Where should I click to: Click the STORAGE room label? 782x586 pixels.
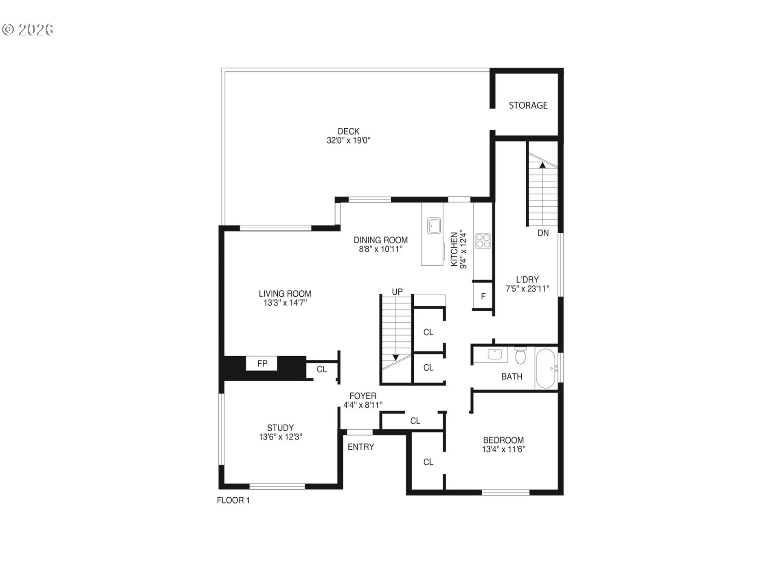pyautogui.click(x=528, y=105)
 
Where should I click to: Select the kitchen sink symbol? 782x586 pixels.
pyautogui.click(x=434, y=226)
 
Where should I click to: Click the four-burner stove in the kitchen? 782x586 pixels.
pyautogui.click(x=483, y=241)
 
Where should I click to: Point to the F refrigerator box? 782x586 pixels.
pyautogui.click(x=483, y=296)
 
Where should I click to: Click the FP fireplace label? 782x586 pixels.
pyautogui.click(x=262, y=363)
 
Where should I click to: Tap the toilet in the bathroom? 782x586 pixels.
pyautogui.click(x=521, y=355)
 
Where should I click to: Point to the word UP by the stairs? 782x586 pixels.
pyautogui.click(x=397, y=292)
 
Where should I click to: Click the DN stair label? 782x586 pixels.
pyautogui.click(x=543, y=233)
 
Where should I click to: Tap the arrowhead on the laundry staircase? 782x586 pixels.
pyautogui.click(x=543, y=165)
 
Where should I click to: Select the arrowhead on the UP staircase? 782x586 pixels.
pyautogui.click(x=395, y=357)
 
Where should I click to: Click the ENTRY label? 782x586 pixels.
pyautogui.click(x=360, y=447)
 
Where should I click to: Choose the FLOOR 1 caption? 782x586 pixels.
pyautogui.click(x=233, y=501)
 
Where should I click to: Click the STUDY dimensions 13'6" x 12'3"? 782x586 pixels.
pyautogui.click(x=280, y=437)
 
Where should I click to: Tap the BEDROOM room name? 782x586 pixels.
pyautogui.click(x=503, y=440)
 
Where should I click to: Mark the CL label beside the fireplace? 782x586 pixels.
pyautogui.click(x=322, y=370)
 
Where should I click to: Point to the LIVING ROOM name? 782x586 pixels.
pyautogui.click(x=285, y=294)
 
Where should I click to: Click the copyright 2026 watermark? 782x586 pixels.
pyautogui.click(x=28, y=30)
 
